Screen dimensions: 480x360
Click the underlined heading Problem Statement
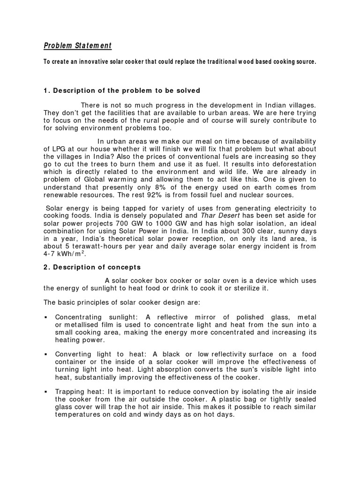pos(77,45)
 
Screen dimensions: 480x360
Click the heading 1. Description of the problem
pos(122,90)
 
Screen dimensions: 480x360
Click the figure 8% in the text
pos(173,187)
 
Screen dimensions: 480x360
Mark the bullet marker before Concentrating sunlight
pos(46,318)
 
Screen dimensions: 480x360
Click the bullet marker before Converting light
pos(46,354)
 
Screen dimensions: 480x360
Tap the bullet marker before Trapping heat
pos(46,391)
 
